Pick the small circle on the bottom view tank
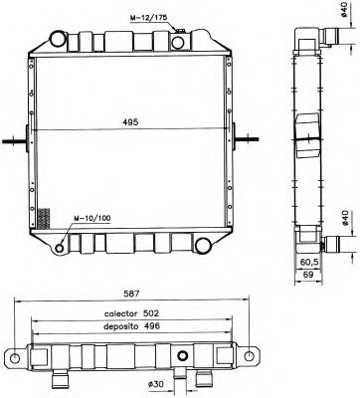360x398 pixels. tap(183, 357)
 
